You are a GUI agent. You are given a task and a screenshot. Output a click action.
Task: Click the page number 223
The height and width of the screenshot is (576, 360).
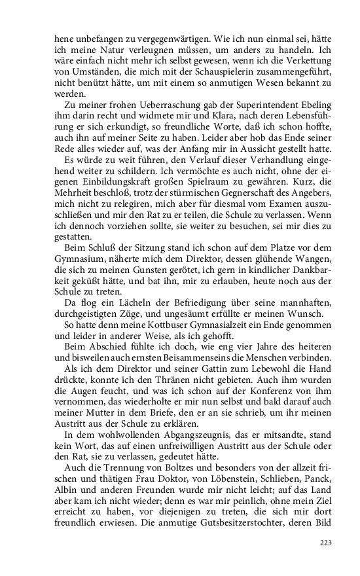[x=325, y=543]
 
